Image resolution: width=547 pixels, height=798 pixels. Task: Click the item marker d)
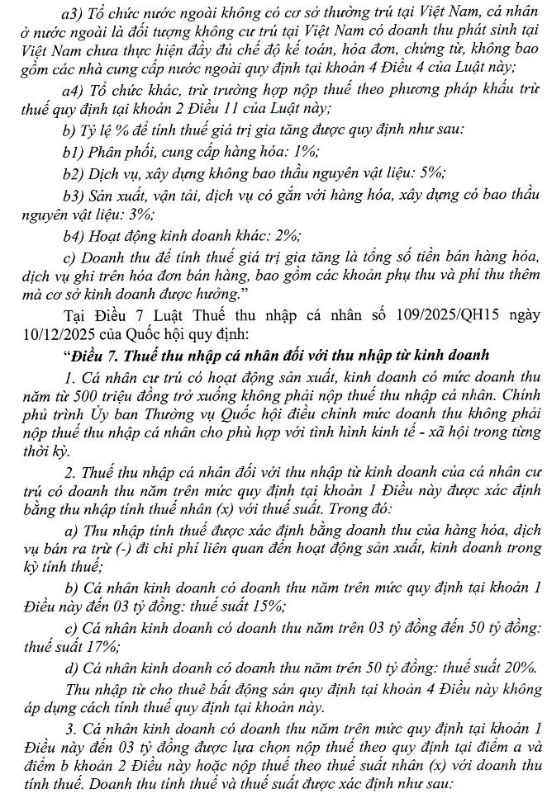tap(69, 669)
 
